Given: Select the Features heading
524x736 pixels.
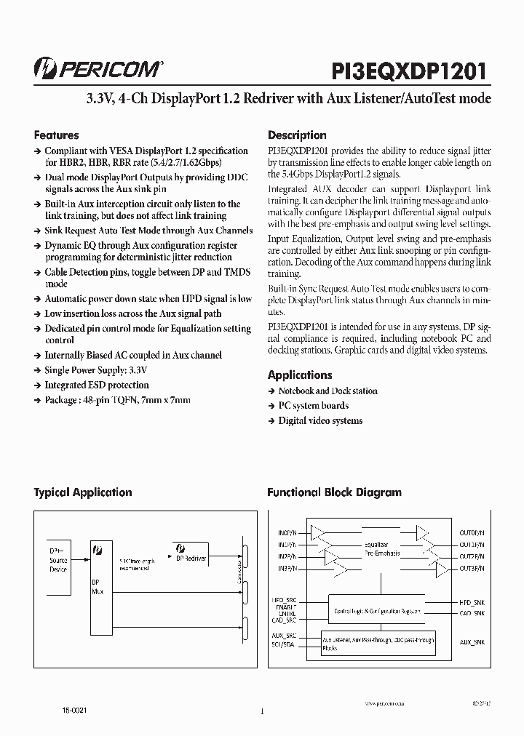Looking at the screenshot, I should [57, 135].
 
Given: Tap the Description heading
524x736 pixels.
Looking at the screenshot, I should [297, 135].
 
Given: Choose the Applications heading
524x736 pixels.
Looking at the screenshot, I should [300, 375].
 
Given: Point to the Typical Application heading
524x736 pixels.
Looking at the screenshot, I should [83, 492].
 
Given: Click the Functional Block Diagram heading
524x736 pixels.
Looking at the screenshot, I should [334, 492].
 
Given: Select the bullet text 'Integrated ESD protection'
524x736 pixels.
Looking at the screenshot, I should [97, 385].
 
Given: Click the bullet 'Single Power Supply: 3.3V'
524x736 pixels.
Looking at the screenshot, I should [96, 370].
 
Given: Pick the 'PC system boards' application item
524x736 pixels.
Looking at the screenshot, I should [313, 406].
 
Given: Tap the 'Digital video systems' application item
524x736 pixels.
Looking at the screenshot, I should [320, 421].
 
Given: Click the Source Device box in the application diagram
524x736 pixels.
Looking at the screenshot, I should [58, 561].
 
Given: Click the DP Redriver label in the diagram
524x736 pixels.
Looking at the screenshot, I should [191, 558].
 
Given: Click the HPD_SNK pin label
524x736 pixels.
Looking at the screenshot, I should [473, 603].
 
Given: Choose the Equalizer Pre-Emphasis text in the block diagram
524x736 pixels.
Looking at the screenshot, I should [376, 549].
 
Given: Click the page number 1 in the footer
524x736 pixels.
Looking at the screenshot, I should [261, 713].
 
